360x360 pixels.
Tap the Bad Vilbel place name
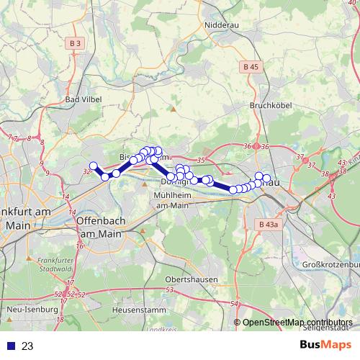(81, 99)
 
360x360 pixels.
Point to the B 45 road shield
(250, 67)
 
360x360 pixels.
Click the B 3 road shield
(76, 44)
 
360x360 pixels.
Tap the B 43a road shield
(266, 225)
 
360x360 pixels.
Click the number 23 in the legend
(27, 346)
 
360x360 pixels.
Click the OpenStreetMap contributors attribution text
(297, 323)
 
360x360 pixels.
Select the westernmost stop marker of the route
(93, 166)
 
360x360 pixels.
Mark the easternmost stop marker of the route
(266, 178)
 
